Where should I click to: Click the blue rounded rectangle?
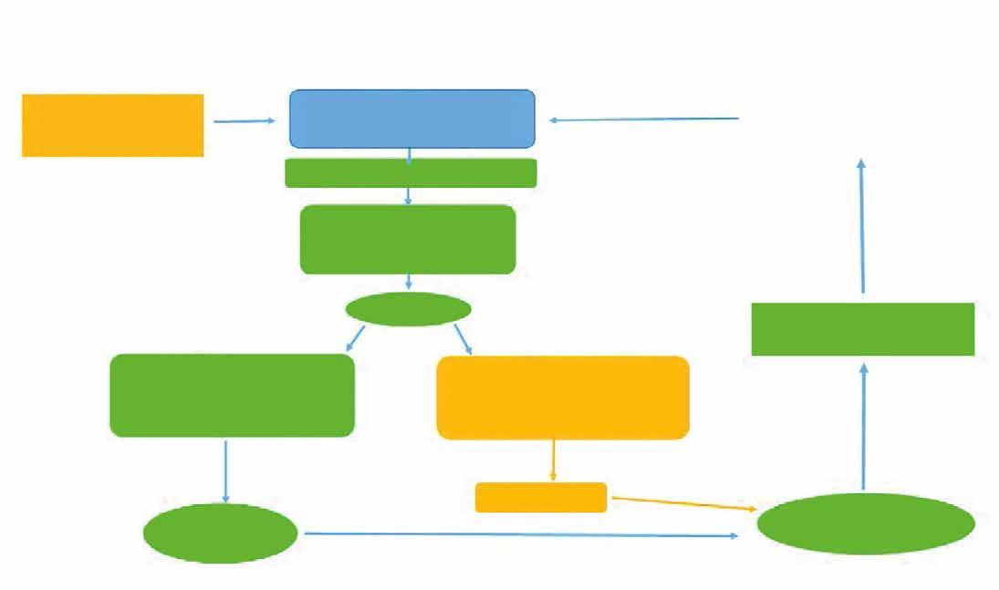tap(411, 119)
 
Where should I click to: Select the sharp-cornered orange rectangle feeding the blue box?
tap(112, 125)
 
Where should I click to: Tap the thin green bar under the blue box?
tap(411, 172)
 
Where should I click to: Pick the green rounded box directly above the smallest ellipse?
tap(408, 239)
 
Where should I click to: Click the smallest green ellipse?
tap(408, 309)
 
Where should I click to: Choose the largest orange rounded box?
tap(563, 398)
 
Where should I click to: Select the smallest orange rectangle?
tap(541, 497)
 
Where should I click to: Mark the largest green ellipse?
tap(866, 523)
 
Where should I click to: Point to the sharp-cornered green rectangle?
tap(862, 329)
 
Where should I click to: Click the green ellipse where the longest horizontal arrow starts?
tap(221, 533)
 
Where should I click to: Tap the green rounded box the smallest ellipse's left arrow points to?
tap(232, 395)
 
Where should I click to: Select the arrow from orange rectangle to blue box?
tap(244, 120)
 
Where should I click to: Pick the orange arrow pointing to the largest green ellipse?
tap(684, 504)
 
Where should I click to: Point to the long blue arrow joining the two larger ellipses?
tap(520, 534)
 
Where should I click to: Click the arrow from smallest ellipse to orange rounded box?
tap(463, 338)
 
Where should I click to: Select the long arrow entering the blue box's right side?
tap(643, 119)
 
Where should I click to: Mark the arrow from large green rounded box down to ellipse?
tap(225, 470)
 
